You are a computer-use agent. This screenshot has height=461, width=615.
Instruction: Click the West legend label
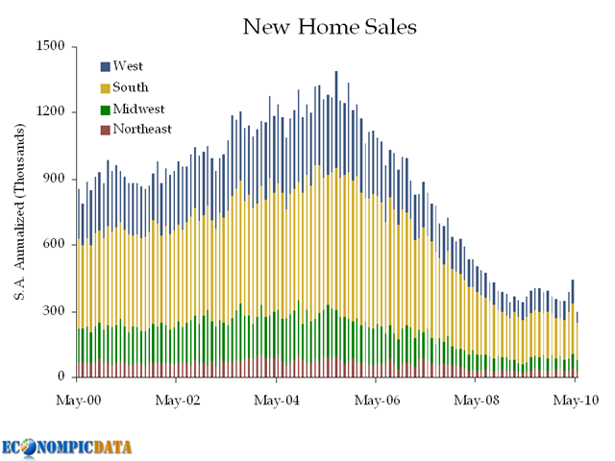click(x=129, y=66)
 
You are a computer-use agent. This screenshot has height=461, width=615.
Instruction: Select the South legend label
click(x=132, y=87)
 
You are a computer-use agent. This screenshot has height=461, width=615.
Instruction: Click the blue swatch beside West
click(x=105, y=67)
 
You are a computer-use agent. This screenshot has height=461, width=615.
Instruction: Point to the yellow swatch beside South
click(x=105, y=88)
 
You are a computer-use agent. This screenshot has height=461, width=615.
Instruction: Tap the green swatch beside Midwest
click(x=105, y=109)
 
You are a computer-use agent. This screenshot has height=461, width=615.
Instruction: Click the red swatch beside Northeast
click(x=105, y=130)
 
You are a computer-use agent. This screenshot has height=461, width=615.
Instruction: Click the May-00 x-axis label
click(x=79, y=398)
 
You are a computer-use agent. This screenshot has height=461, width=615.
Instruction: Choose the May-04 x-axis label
click(x=277, y=398)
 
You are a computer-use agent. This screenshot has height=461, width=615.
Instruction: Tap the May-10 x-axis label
click(x=575, y=398)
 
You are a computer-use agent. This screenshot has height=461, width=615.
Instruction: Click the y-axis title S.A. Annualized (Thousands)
click(x=18, y=211)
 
